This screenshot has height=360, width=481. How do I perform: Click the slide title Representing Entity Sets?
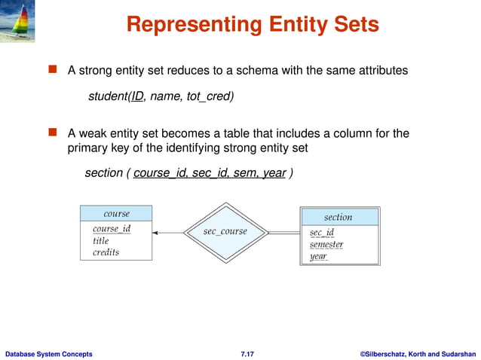pyautogui.click(x=252, y=26)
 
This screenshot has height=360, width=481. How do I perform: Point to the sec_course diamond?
pyautogui.click(x=225, y=232)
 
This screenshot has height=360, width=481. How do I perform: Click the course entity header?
pyautogui.click(x=116, y=214)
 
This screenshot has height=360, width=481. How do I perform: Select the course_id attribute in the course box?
pyautogui.click(x=112, y=229)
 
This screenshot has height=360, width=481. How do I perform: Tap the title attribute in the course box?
pyautogui.click(x=101, y=241)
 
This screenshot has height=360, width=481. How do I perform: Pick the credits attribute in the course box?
pyautogui.click(x=106, y=252)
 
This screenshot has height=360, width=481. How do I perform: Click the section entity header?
pyautogui.click(x=338, y=217)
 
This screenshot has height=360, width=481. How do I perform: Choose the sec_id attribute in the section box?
pyautogui.click(x=322, y=233)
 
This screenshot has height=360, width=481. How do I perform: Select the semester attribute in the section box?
pyautogui.click(x=326, y=245)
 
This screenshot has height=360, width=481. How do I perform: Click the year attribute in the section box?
pyautogui.click(x=318, y=257)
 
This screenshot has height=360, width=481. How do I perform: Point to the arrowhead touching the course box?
pyautogui.click(x=155, y=233)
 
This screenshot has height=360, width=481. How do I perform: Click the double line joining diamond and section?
pyautogui.click(x=284, y=233)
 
